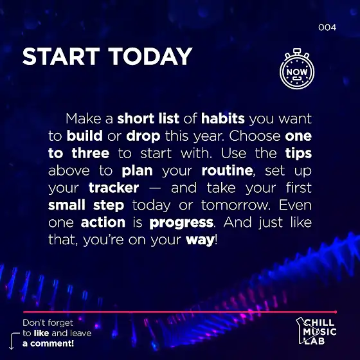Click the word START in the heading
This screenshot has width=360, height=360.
click(61, 57)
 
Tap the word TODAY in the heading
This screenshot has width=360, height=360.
click(150, 57)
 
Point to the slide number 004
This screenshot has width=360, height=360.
click(327, 28)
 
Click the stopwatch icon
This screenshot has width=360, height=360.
click(297, 69)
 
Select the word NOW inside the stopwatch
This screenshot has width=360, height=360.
click(297, 72)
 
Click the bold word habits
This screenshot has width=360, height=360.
click(223, 118)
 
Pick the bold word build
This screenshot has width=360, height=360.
click(84, 136)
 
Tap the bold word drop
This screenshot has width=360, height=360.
click(143, 136)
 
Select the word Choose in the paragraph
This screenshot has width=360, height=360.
click(255, 136)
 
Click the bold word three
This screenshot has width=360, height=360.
click(91, 153)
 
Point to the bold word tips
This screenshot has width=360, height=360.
click(298, 154)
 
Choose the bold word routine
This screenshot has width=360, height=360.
click(227, 170)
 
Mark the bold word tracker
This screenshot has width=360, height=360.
click(114, 188)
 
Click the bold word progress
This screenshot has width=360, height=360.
click(181, 222)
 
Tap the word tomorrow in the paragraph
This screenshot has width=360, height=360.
click(235, 205)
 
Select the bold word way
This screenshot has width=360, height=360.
click(200, 240)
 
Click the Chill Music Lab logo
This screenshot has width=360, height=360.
click(316, 331)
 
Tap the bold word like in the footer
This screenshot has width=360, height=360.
click(41, 333)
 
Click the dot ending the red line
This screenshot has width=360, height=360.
click(336, 312)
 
